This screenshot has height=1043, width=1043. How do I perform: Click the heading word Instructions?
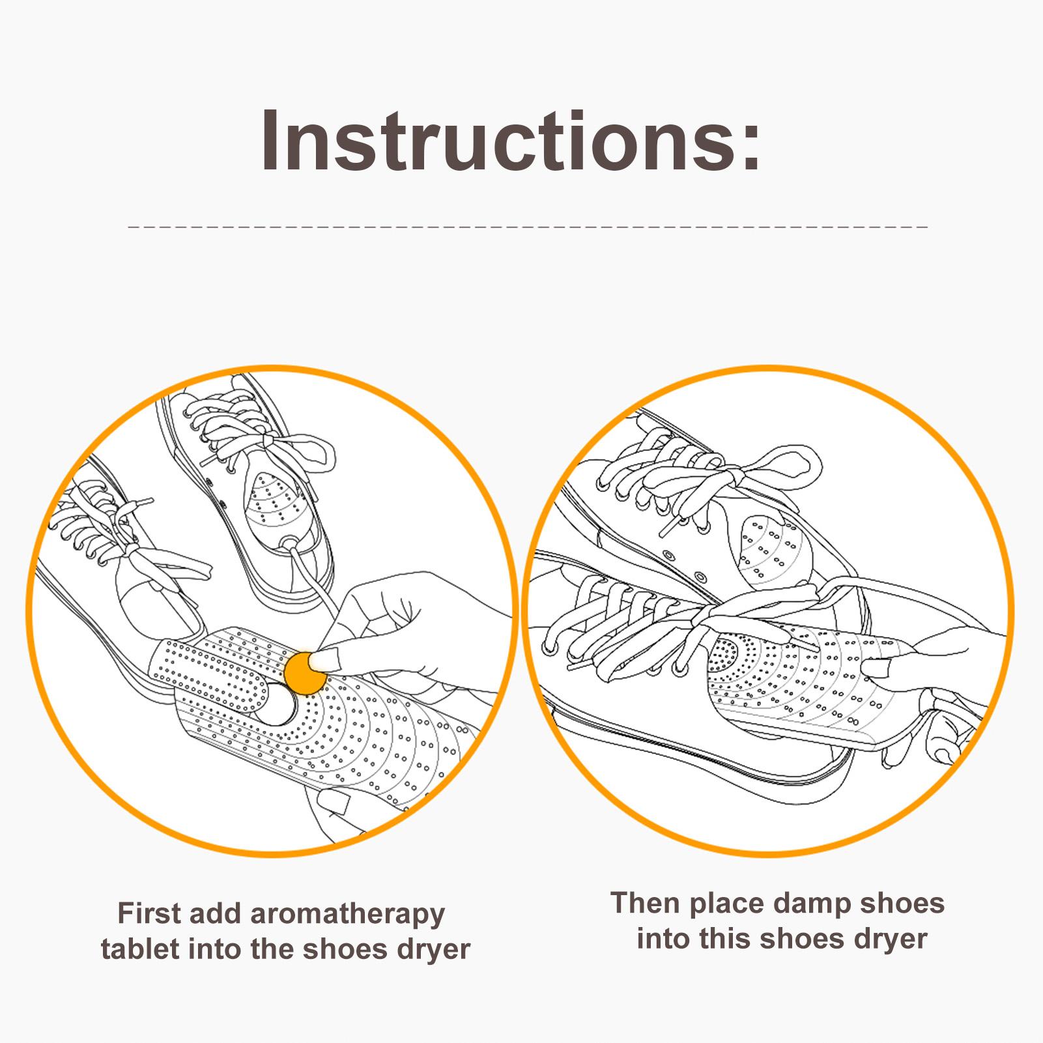pyautogui.click(x=511, y=141)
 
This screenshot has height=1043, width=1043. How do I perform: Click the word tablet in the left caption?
pyautogui.click(x=140, y=949)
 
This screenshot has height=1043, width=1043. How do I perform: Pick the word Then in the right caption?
pyautogui.click(x=646, y=903)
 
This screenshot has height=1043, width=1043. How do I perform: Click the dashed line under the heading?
pyautogui.click(x=528, y=227)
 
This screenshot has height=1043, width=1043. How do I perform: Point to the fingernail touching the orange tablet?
pyautogui.click(x=327, y=662)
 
